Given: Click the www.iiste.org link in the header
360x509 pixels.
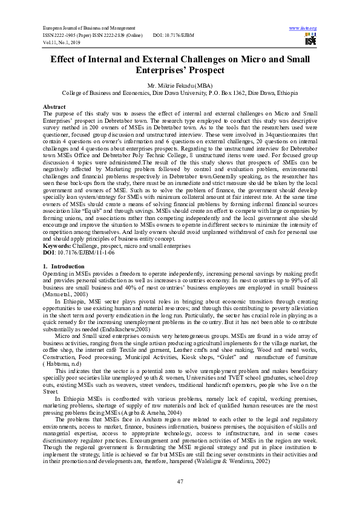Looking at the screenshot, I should (303, 28).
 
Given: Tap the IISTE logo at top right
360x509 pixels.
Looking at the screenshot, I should (311, 40).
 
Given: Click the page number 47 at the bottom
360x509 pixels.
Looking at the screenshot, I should (180, 481).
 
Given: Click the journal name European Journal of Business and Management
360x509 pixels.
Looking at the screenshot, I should (90, 28).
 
